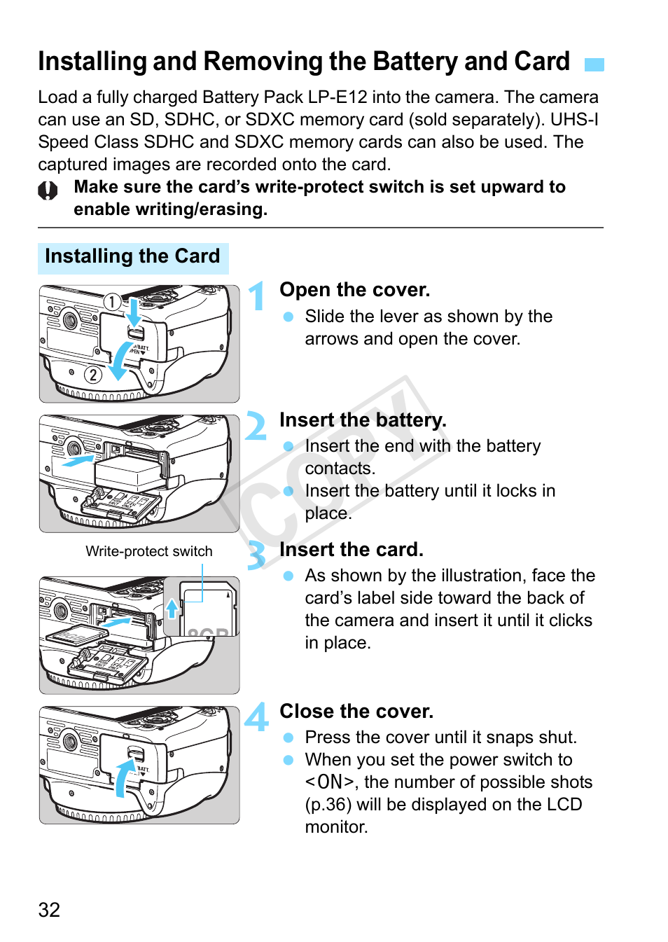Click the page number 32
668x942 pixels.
tap(49, 909)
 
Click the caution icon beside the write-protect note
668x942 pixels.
tap(48, 191)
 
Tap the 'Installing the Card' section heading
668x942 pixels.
tap(132, 256)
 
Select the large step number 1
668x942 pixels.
tap(258, 295)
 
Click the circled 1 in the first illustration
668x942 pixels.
tap(112, 302)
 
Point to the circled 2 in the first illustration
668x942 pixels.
tap(92, 375)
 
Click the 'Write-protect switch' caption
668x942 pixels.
tap(148, 551)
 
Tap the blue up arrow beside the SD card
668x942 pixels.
tap(172, 608)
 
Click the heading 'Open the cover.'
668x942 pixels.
tap(354, 290)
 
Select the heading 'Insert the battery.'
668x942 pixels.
tap(362, 420)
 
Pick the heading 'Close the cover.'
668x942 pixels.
tap(356, 712)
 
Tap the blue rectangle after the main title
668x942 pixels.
tap(594, 64)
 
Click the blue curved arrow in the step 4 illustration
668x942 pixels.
tap(122, 777)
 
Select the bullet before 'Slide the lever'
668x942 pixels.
tap(288, 317)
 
